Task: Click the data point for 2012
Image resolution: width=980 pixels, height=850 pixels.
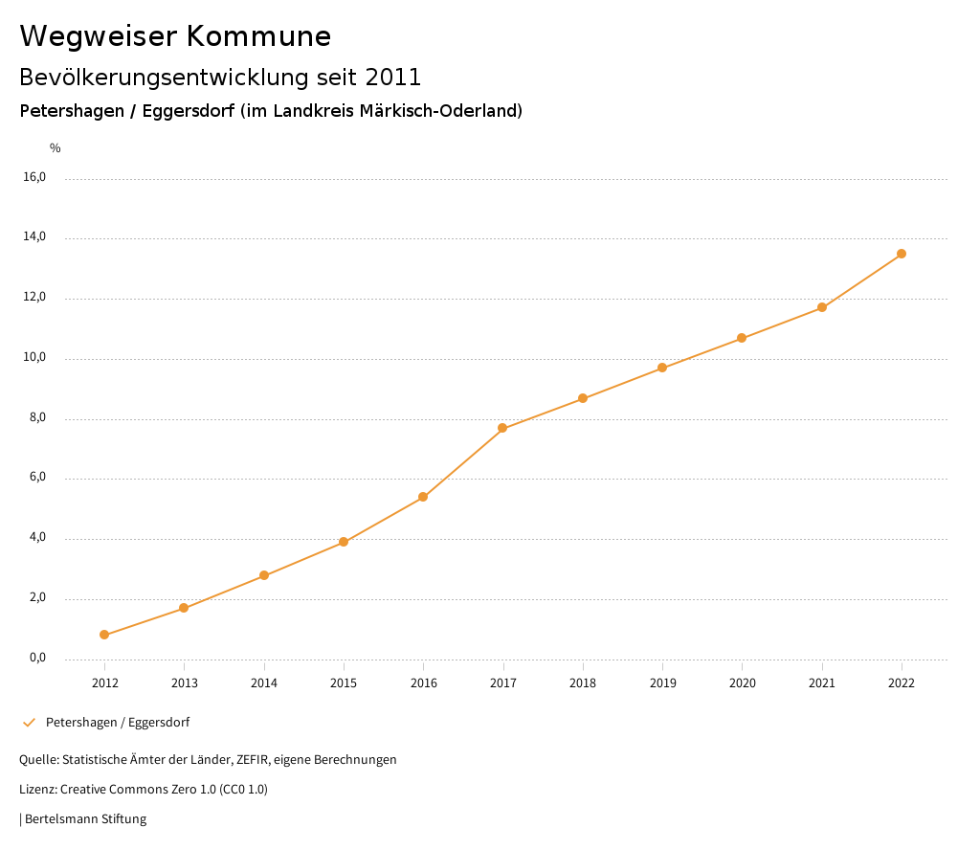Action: tap(104, 635)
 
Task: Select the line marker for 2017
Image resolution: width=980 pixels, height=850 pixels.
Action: tap(502, 428)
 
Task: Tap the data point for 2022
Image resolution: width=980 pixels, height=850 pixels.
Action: tap(902, 254)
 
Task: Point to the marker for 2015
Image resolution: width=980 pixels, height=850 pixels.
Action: tap(344, 542)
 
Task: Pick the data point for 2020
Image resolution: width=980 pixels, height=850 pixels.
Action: tap(742, 338)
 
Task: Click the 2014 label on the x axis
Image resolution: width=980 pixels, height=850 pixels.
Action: tap(264, 682)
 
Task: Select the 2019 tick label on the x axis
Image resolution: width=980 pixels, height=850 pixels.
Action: tap(662, 682)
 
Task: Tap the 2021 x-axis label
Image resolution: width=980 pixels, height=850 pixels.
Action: tap(822, 682)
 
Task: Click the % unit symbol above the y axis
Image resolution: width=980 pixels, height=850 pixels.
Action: tap(56, 147)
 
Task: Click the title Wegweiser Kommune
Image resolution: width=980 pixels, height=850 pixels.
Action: tap(175, 36)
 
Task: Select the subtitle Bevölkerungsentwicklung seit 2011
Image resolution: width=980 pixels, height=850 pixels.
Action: tap(220, 77)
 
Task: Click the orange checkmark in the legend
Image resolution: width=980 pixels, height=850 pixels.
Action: tap(29, 723)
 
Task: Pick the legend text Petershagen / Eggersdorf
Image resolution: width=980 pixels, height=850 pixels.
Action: tap(118, 723)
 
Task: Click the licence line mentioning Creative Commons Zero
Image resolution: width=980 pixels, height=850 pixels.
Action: tap(144, 790)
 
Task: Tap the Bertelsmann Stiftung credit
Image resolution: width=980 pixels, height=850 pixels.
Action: tap(84, 819)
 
